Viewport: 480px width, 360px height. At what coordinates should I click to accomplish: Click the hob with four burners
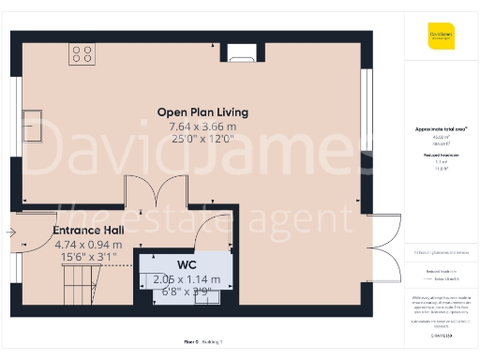tap(82, 54)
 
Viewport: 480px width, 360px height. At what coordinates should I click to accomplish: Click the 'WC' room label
tap(187, 264)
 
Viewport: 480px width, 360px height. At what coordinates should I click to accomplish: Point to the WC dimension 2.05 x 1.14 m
tap(187, 278)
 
